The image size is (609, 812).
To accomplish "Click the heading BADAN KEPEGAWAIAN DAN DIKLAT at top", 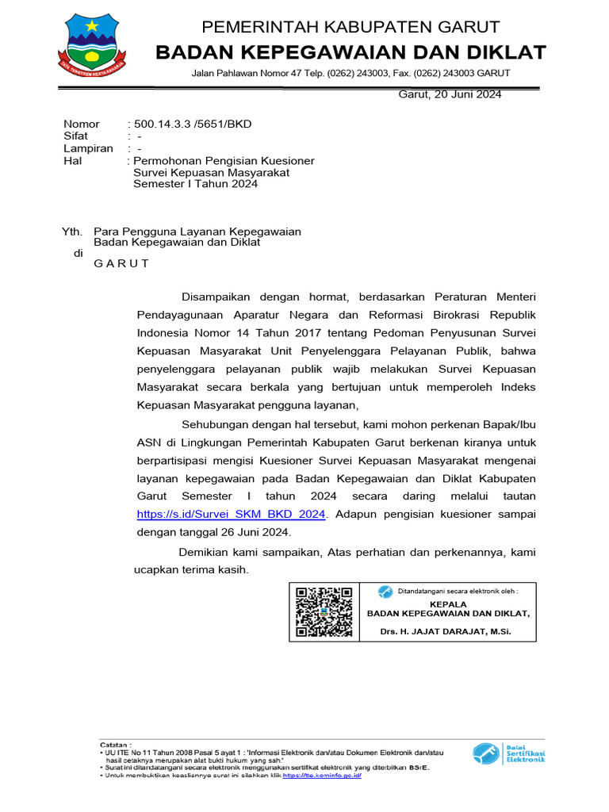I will pyautogui.click(x=350, y=52).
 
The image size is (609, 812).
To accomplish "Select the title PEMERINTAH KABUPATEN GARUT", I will pyautogui.click(x=350, y=28).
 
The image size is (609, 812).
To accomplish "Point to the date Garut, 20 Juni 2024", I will pyautogui.click(x=449, y=94).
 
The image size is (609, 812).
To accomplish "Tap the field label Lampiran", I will pyautogui.click(x=88, y=148).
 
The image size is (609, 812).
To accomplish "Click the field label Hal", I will pyautogui.click(x=72, y=161).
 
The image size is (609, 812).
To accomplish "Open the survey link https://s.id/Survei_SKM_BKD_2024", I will pyautogui.click(x=232, y=514).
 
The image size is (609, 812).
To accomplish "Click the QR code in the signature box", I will pyautogui.click(x=324, y=611).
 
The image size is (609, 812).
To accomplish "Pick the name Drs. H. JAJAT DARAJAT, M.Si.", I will pyautogui.click(x=445, y=631).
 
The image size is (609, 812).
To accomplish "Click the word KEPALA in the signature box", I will pyautogui.click(x=448, y=603).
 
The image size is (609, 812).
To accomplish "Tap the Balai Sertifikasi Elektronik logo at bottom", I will pyautogui.click(x=509, y=753).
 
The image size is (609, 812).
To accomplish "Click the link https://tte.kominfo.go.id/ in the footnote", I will pyautogui.click(x=322, y=776).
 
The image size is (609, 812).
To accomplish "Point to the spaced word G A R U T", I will pyautogui.click(x=121, y=263).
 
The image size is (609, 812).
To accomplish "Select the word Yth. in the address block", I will pyautogui.click(x=72, y=231).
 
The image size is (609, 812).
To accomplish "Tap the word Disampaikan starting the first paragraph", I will pyautogui.click(x=216, y=297).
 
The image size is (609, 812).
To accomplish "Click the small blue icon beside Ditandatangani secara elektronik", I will pyautogui.click(x=385, y=591).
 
